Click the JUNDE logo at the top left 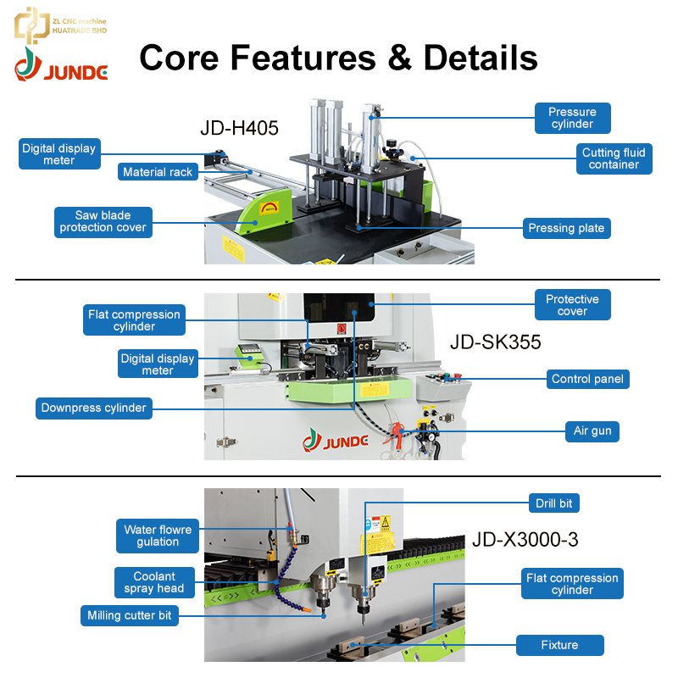[61, 65]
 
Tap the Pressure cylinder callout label [573, 118]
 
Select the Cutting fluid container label [614, 158]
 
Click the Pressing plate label [566, 228]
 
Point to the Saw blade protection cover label [103, 222]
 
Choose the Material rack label [158, 172]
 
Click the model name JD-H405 [239, 129]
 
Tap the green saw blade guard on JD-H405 [266, 211]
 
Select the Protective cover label [573, 305]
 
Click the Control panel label [587, 379]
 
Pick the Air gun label [592, 431]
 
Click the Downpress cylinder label [94, 408]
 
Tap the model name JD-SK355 [496, 342]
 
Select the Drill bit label [554, 503]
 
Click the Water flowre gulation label [158, 536]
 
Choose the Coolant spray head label [154, 582]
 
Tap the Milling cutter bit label [130, 616]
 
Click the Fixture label [560, 645]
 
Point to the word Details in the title [481, 58]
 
